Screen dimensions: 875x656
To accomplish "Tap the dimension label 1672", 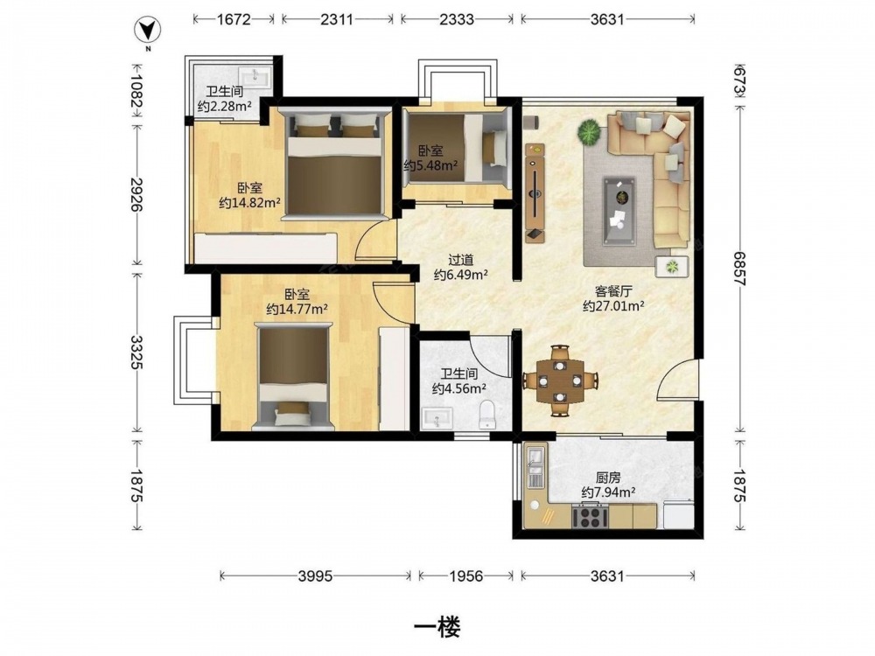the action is click(x=234, y=19).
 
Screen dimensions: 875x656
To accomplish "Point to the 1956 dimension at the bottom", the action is click(x=466, y=576).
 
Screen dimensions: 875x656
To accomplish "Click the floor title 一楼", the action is click(x=437, y=627).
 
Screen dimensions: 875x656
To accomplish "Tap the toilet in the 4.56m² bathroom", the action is click(x=487, y=414).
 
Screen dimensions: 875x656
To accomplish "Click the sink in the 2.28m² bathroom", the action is click(x=255, y=76).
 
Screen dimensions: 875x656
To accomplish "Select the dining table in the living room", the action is click(x=560, y=381).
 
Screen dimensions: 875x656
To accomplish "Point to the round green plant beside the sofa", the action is click(x=589, y=132).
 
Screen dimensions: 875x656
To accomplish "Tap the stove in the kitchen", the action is click(x=590, y=516).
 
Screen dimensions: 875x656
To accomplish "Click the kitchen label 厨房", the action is click(x=608, y=478).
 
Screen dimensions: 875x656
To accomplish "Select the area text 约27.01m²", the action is click(x=614, y=305).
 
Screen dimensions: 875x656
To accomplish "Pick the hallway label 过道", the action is click(x=461, y=260).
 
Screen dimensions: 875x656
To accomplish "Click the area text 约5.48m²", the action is click(x=430, y=165).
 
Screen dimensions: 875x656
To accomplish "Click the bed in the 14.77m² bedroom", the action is click(x=293, y=376).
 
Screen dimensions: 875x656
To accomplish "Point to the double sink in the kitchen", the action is click(x=535, y=466).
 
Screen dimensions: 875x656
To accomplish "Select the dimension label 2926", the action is click(x=136, y=193).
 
